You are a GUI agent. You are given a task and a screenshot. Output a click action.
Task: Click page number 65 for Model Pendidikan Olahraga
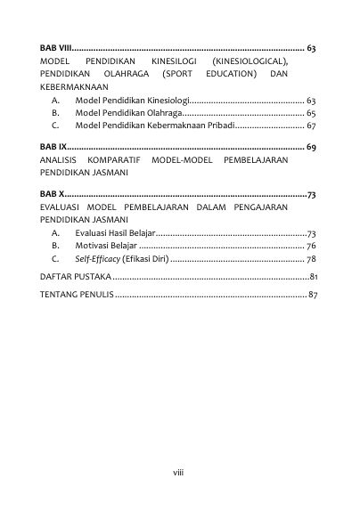click(311, 114)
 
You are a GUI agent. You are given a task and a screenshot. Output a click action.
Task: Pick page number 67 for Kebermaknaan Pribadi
click(311, 127)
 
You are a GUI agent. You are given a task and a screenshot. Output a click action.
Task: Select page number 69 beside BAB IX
click(311, 145)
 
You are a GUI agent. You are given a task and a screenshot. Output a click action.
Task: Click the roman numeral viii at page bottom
click(177, 474)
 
